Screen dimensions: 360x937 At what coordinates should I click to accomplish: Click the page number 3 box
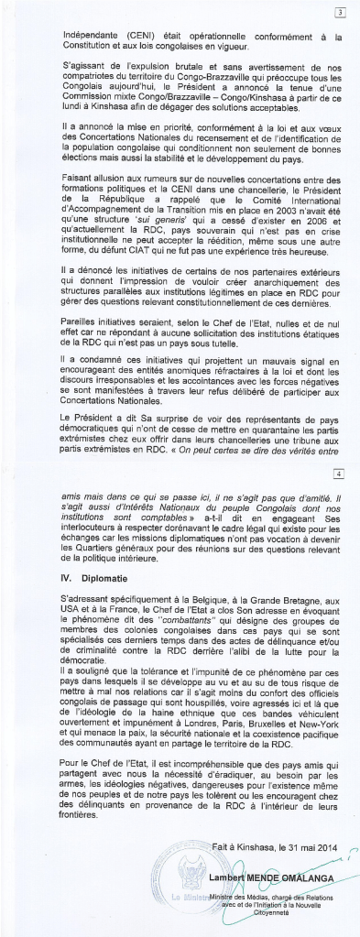click(x=340, y=13)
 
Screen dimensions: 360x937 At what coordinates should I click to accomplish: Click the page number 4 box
click(x=340, y=474)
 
